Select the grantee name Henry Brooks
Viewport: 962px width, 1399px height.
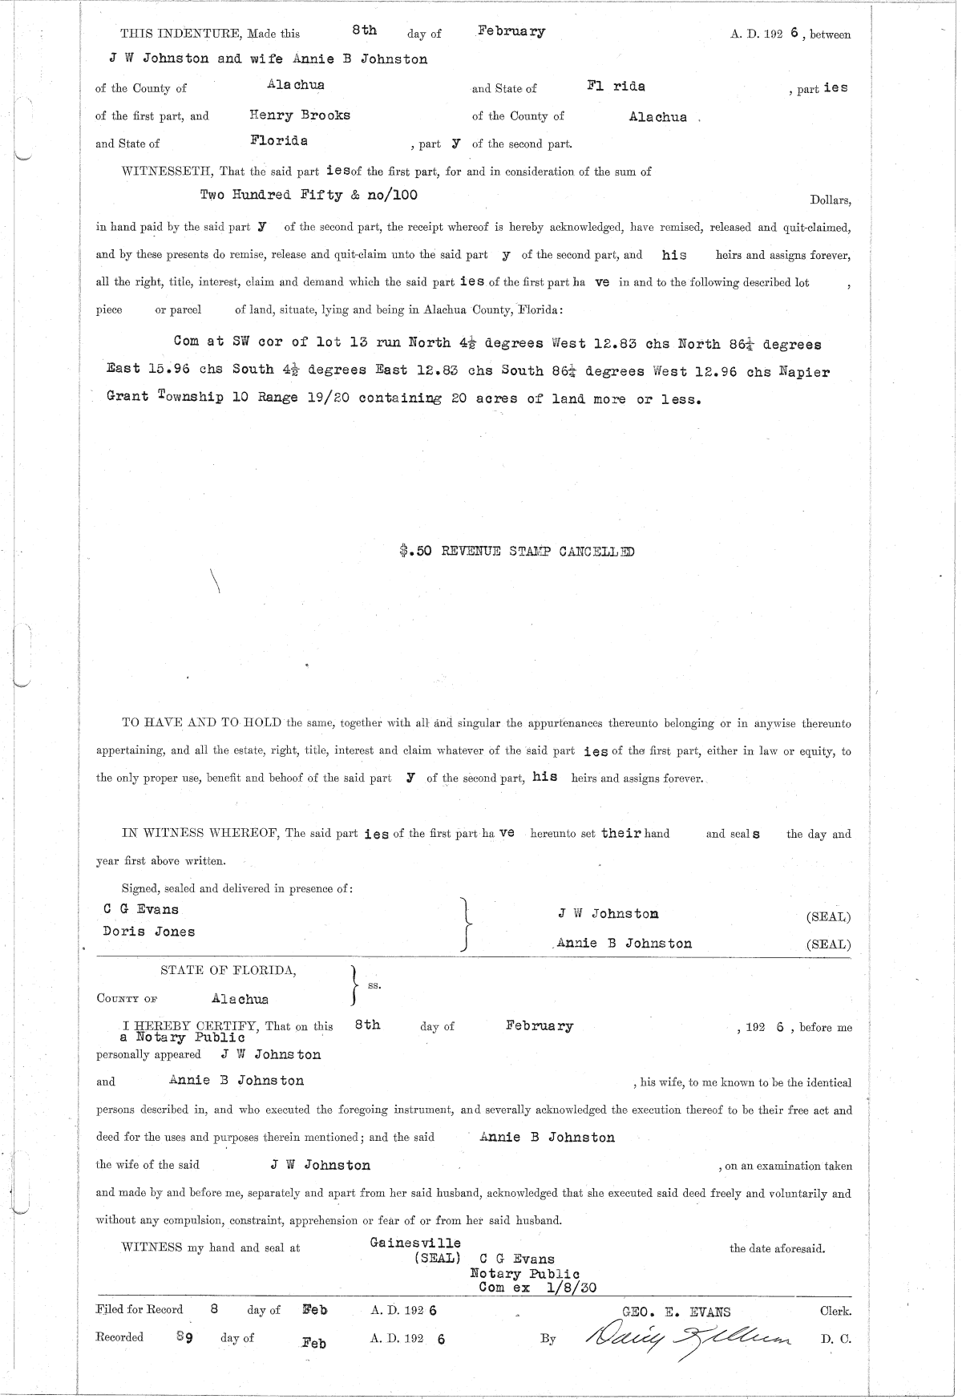click(300, 115)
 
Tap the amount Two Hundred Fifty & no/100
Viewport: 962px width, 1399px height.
click(309, 195)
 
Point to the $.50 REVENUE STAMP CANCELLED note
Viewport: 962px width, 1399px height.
click(517, 552)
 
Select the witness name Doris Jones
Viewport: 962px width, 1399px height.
click(149, 932)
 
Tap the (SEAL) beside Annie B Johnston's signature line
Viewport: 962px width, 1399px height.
click(828, 944)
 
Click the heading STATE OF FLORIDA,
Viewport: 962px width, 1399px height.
click(228, 971)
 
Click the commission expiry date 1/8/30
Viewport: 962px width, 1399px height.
click(571, 1287)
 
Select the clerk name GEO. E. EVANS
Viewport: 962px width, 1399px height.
click(677, 1312)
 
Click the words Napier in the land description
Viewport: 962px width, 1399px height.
click(804, 372)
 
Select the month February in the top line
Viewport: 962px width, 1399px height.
click(511, 32)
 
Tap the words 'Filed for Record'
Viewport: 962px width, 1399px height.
click(139, 1309)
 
